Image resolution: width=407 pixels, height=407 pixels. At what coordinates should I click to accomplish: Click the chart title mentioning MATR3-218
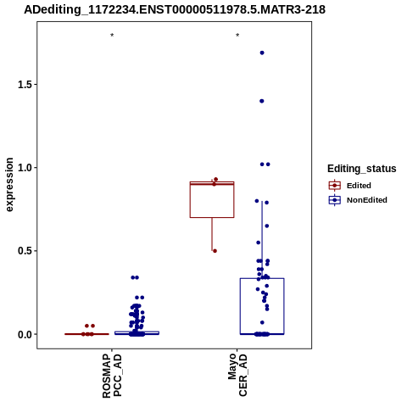pos(175,9)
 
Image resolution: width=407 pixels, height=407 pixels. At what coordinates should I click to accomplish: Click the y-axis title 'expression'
pos(9,185)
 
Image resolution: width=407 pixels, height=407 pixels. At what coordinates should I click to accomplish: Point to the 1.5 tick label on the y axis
pos(24,85)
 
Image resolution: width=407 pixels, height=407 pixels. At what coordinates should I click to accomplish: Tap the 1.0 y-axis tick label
pos(24,168)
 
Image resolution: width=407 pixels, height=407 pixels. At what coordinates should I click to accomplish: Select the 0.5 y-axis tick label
pos(24,251)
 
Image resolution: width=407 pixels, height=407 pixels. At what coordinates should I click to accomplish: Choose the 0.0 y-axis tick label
pos(24,334)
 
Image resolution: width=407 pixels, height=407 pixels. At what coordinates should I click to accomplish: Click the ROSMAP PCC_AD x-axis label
pos(112,376)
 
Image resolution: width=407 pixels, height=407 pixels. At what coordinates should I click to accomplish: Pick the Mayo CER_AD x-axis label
pos(237,375)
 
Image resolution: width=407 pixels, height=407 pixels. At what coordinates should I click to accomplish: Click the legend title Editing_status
pos(362,169)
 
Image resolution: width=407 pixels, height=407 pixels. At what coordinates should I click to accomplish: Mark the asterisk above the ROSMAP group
pos(112,36)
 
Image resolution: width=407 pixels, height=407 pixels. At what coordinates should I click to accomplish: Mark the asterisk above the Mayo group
pos(237,36)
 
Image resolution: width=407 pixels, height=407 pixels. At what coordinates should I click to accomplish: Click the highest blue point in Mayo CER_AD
pos(262,53)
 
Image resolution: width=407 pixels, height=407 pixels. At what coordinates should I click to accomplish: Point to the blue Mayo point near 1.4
pos(262,101)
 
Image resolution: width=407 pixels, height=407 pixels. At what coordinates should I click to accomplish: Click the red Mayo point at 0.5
pos(215,251)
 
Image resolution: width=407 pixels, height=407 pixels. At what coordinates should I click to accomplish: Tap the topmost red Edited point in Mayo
pos(216,179)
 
